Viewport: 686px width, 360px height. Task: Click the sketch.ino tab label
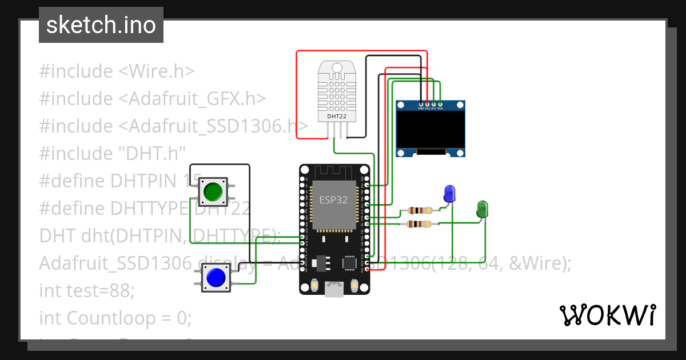coord(101,25)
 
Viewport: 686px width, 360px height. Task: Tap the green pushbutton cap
coord(213,191)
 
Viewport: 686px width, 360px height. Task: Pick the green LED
coord(482,208)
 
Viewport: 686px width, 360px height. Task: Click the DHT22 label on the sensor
coord(336,116)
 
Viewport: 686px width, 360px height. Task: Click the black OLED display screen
coord(430,130)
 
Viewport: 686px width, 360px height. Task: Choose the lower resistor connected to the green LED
coord(419,224)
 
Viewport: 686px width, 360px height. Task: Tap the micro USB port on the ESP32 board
coord(334,290)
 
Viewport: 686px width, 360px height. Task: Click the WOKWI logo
coord(607,315)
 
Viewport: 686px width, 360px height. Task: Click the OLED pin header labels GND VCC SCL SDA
coord(430,108)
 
